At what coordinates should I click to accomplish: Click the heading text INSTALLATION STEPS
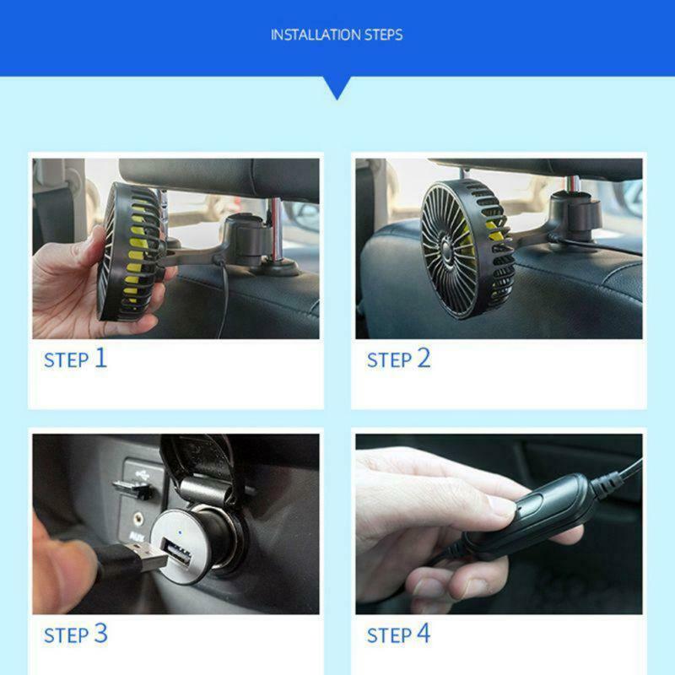pyautogui.click(x=337, y=35)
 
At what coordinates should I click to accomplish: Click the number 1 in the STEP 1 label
pyautogui.click(x=100, y=358)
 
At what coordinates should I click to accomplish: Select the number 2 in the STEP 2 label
pyautogui.click(x=424, y=358)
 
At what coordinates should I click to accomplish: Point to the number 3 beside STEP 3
pyautogui.click(x=100, y=634)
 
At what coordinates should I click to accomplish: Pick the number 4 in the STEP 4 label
pyautogui.click(x=424, y=634)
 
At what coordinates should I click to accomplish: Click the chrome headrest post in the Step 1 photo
pyautogui.click(x=272, y=240)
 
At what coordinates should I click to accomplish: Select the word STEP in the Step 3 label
pyautogui.click(x=66, y=635)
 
